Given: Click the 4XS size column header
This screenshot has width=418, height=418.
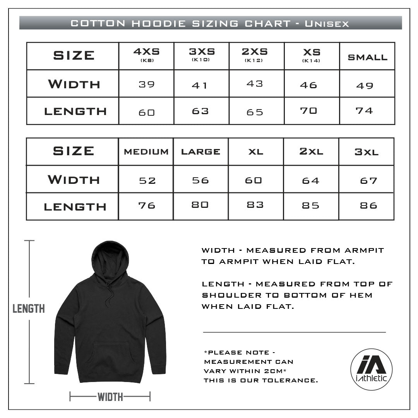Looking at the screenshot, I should [x=146, y=55].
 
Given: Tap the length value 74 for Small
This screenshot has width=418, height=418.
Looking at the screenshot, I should [x=364, y=111].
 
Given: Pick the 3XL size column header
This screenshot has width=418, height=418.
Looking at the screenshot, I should [x=366, y=152].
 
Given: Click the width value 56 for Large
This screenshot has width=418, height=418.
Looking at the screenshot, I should [x=200, y=180].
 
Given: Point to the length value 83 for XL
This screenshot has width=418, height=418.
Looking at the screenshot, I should [x=255, y=205].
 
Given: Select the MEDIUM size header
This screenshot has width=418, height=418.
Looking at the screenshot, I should [x=146, y=152].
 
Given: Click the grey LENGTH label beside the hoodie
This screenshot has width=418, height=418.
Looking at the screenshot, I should [x=29, y=308].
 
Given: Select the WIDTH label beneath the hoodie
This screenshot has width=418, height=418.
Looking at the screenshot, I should [x=110, y=397].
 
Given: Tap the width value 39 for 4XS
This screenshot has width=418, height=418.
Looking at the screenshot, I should [x=146, y=84].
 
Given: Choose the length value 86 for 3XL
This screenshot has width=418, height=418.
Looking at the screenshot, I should [x=368, y=206].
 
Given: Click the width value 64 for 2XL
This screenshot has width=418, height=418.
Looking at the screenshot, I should [x=310, y=181].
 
